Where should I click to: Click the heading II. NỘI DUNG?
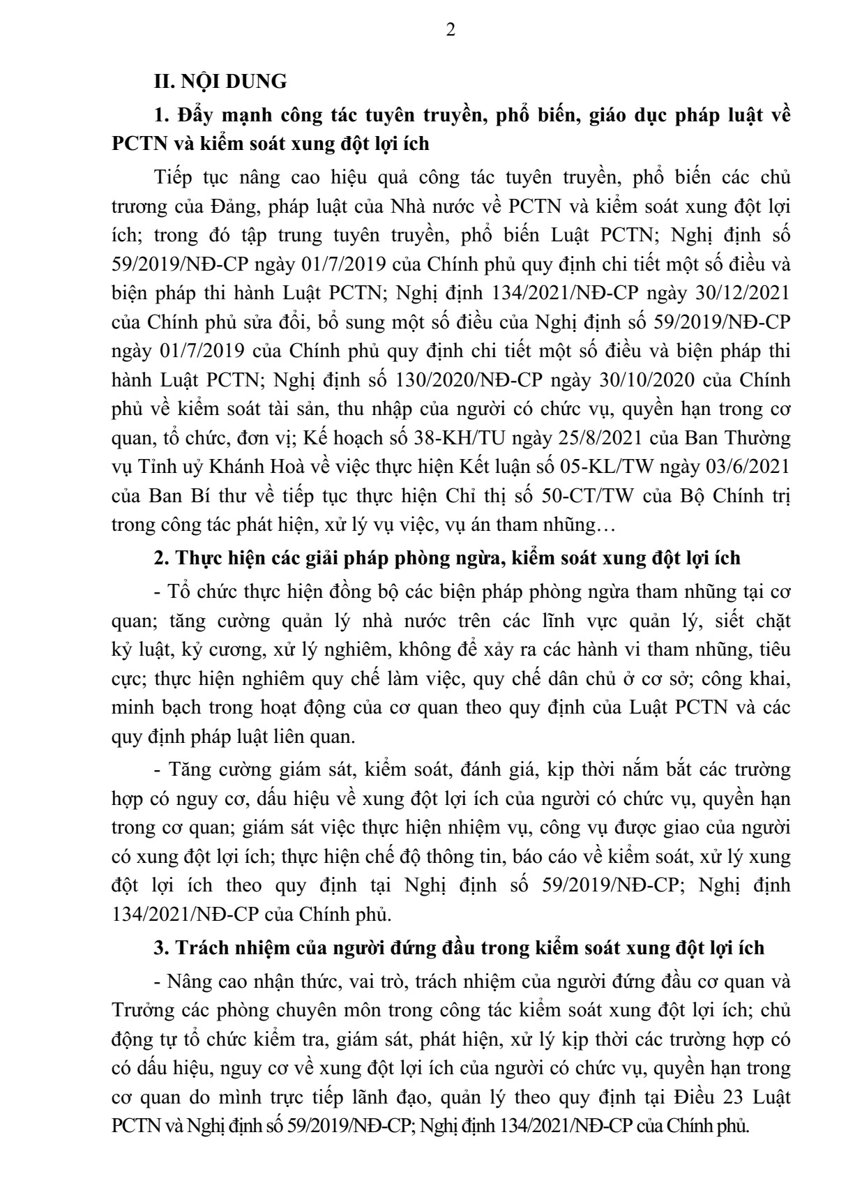point(220,82)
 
